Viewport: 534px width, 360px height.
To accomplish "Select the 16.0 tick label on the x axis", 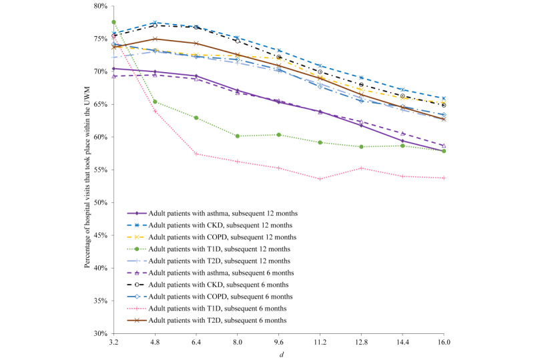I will click(x=444, y=341).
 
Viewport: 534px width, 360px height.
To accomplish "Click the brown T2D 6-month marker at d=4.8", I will click(x=155, y=39).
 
